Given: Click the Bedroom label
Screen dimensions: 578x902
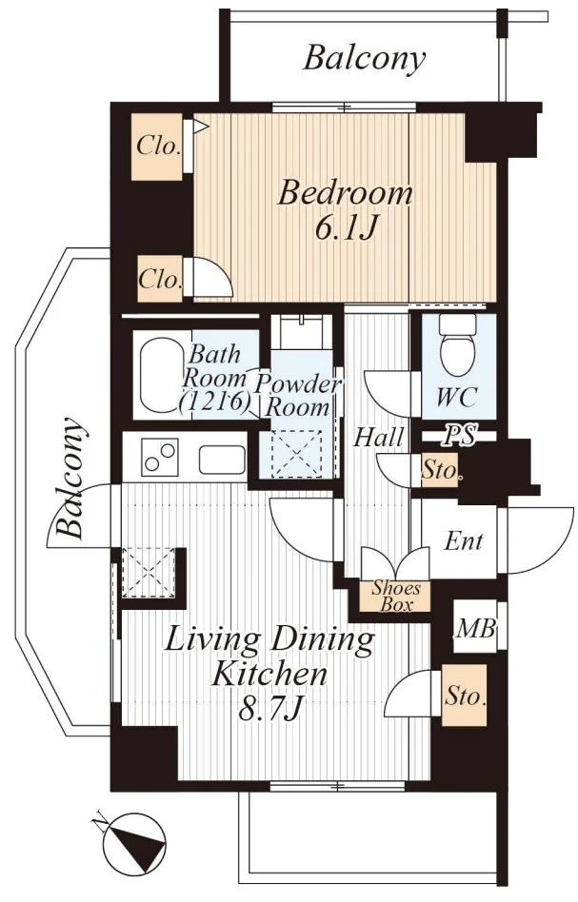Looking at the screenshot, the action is [x=345, y=193].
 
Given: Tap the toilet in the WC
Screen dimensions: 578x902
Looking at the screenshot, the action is [x=458, y=344].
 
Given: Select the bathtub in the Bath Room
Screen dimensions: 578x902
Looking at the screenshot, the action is [x=164, y=375].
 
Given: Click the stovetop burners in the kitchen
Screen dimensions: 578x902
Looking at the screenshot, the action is [x=161, y=456].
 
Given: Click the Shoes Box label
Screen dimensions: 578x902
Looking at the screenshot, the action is [x=395, y=596].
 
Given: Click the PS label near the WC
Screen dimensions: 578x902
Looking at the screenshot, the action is [x=459, y=437].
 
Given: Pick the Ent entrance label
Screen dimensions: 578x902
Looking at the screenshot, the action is [x=463, y=540].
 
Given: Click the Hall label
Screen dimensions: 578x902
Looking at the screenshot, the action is [x=378, y=437].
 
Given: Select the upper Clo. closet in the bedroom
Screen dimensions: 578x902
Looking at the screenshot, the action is [x=157, y=147].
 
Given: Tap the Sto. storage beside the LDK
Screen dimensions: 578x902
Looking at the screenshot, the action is [x=464, y=696].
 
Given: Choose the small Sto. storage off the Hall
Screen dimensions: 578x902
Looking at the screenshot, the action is [x=440, y=471].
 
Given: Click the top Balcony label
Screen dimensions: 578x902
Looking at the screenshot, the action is [x=365, y=59].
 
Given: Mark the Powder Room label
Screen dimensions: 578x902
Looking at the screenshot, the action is [x=298, y=396].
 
